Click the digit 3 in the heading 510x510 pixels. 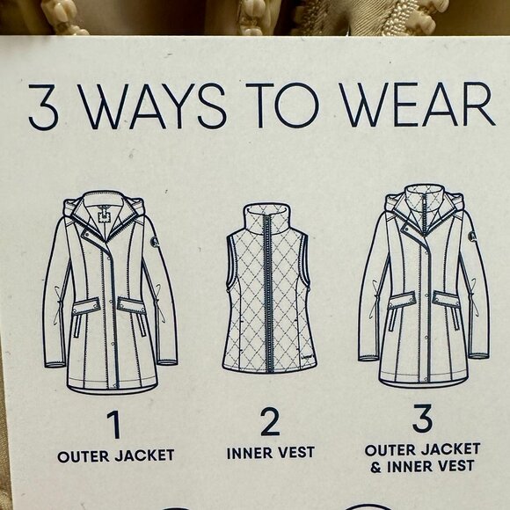click(x=44, y=107)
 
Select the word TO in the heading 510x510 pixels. click(x=282, y=106)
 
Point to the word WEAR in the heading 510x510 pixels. click(x=417, y=104)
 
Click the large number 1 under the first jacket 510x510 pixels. click(x=114, y=425)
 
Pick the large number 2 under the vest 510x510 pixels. click(x=270, y=421)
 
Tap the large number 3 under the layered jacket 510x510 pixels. click(x=422, y=419)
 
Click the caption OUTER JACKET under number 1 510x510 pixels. click(x=116, y=455)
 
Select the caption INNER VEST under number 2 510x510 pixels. click(x=271, y=453)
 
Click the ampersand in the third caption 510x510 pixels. click(x=375, y=468)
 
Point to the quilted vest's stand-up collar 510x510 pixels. click(x=266, y=219)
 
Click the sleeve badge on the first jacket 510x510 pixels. click(x=155, y=241)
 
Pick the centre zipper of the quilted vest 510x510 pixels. click(x=268, y=293)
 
